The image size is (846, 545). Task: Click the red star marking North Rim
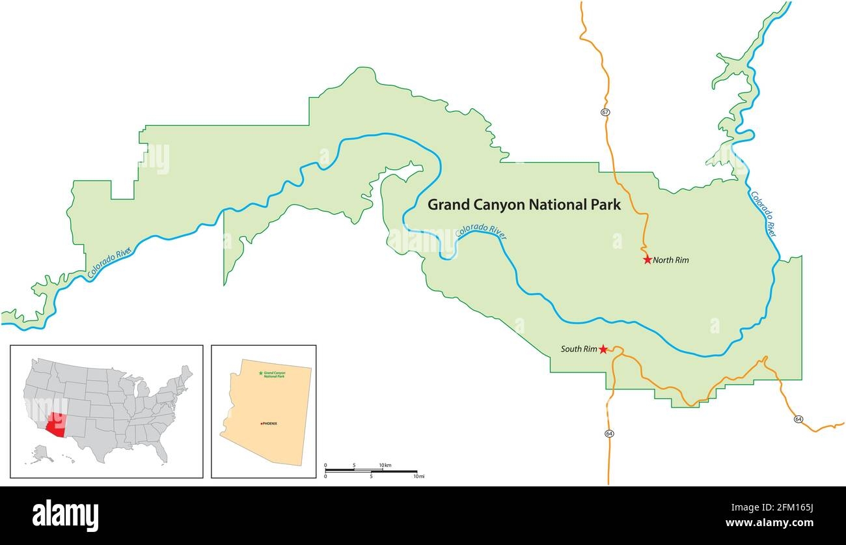point(648,260)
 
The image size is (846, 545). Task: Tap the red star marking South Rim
point(603,350)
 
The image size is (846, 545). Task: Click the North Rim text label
point(671,260)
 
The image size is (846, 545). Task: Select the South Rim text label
point(579,350)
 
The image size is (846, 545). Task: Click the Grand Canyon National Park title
point(524,205)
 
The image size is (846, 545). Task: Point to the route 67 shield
point(605,113)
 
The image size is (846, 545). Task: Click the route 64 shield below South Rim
point(609,434)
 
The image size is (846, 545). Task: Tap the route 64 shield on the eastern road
point(798,419)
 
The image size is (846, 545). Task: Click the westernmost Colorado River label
point(109,264)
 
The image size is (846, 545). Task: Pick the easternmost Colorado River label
point(763,214)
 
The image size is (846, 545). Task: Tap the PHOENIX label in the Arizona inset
point(269,424)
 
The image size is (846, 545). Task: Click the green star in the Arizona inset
point(261,373)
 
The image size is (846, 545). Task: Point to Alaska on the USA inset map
point(42,452)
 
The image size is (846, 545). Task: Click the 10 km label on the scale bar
point(385,465)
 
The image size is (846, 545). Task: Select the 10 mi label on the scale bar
point(418,477)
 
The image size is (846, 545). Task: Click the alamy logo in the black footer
point(65,515)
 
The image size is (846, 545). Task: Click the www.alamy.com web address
point(776,523)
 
